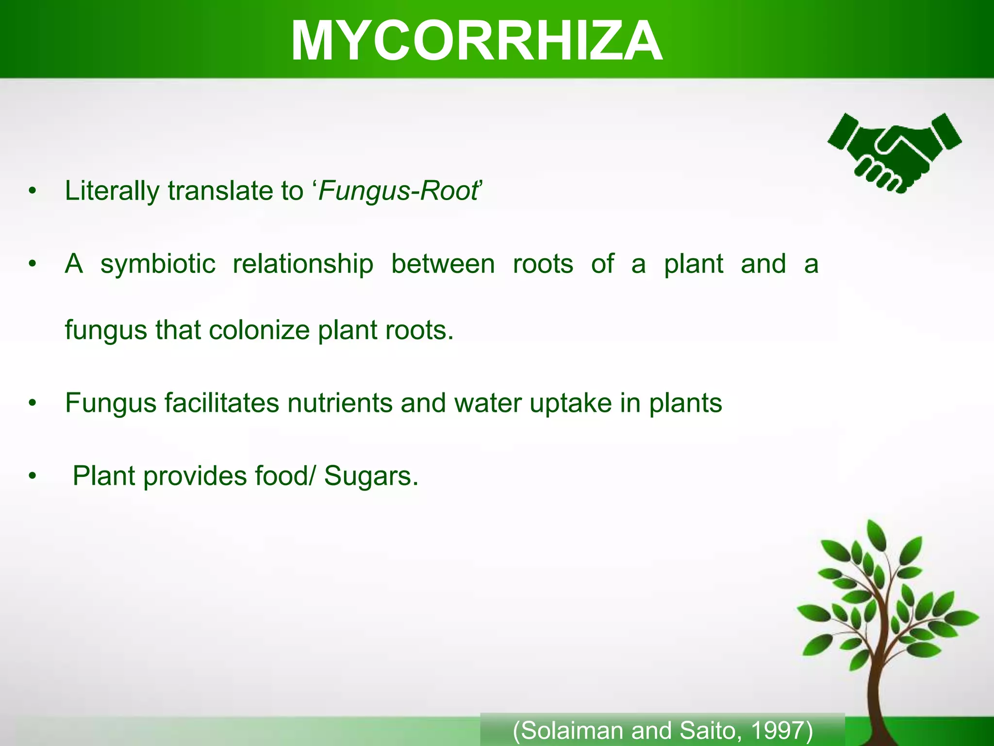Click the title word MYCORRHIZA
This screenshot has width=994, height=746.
[x=477, y=42]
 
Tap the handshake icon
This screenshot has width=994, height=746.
[x=895, y=153]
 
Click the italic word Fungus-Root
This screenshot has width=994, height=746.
[x=398, y=190]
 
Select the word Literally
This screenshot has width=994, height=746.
[x=112, y=190]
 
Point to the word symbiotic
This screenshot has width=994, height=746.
[x=158, y=264]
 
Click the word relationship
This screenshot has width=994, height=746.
[x=303, y=264]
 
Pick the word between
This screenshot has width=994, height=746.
[x=443, y=264]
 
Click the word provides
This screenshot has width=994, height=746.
[x=195, y=476]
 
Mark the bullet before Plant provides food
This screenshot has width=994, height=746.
[x=33, y=476]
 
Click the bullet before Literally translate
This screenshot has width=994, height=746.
[x=33, y=191]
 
